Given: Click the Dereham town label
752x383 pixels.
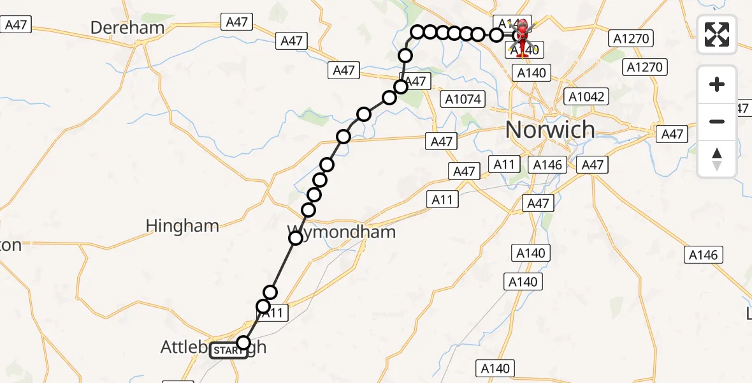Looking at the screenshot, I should click(127, 28).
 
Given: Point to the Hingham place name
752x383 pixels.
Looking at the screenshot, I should click(182, 226).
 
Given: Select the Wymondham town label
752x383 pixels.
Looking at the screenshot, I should click(342, 232).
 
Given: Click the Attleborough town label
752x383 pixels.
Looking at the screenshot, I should click(213, 348).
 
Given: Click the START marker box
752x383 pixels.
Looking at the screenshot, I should click(228, 350).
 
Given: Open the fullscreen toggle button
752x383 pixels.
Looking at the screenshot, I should click(717, 34).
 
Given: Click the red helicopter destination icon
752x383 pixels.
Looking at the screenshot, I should click(523, 37).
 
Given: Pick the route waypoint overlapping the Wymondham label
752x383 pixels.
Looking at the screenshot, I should click(296, 238).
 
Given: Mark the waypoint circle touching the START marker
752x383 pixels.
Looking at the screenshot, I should click(243, 342).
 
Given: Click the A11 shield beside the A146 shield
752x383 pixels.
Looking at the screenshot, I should click(504, 165).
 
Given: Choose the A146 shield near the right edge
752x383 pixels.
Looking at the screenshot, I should click(703, 255).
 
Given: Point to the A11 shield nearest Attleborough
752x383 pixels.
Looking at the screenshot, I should click(274, 313).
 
